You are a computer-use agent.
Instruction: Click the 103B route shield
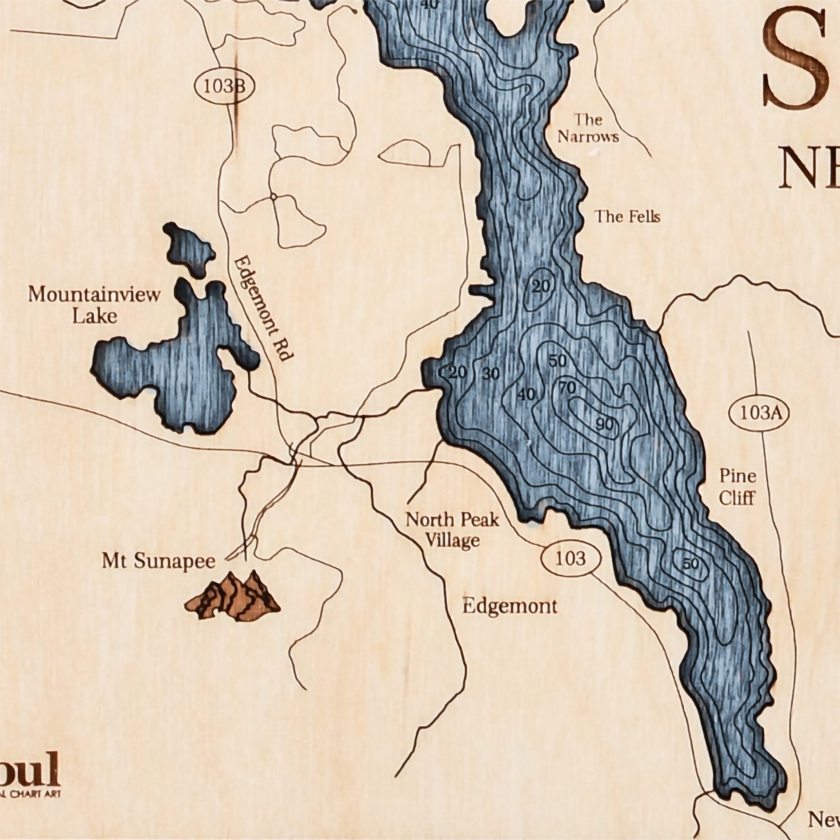pos(224,86)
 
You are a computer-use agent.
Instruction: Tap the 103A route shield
pos(759,413)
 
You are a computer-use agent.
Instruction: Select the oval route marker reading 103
pos(571,558)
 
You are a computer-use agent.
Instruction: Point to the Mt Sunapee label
pos(159,561)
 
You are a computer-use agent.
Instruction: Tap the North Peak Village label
pos(452,529)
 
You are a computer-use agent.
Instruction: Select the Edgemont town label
pos(510,606)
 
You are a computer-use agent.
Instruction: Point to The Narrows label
pos(588,127)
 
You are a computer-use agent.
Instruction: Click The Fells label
pos(627,217)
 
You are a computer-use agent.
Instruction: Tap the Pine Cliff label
pos(737,487)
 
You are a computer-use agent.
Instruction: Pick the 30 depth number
pos(491,374)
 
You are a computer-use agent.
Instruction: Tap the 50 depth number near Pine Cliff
pos(691,563)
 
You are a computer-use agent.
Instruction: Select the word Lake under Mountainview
pos(95,316)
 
